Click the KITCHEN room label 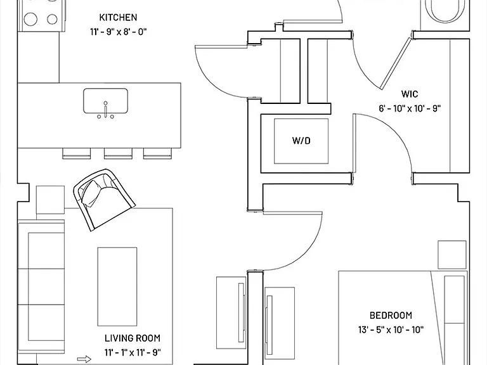118,17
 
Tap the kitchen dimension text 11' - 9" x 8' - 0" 118,32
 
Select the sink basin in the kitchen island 105,101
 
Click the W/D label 301,141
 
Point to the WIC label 410,94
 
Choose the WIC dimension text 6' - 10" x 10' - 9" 410,108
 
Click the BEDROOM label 391,316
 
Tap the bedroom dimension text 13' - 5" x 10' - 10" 391,330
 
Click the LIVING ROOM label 133,338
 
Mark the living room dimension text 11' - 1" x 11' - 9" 133,352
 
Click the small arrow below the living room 84,359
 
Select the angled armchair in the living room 104,199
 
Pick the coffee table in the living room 117,286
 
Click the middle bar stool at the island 118,153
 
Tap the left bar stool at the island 76,153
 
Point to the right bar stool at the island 157,153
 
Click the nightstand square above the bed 452,255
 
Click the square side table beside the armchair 50,200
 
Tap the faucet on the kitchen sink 106,110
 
